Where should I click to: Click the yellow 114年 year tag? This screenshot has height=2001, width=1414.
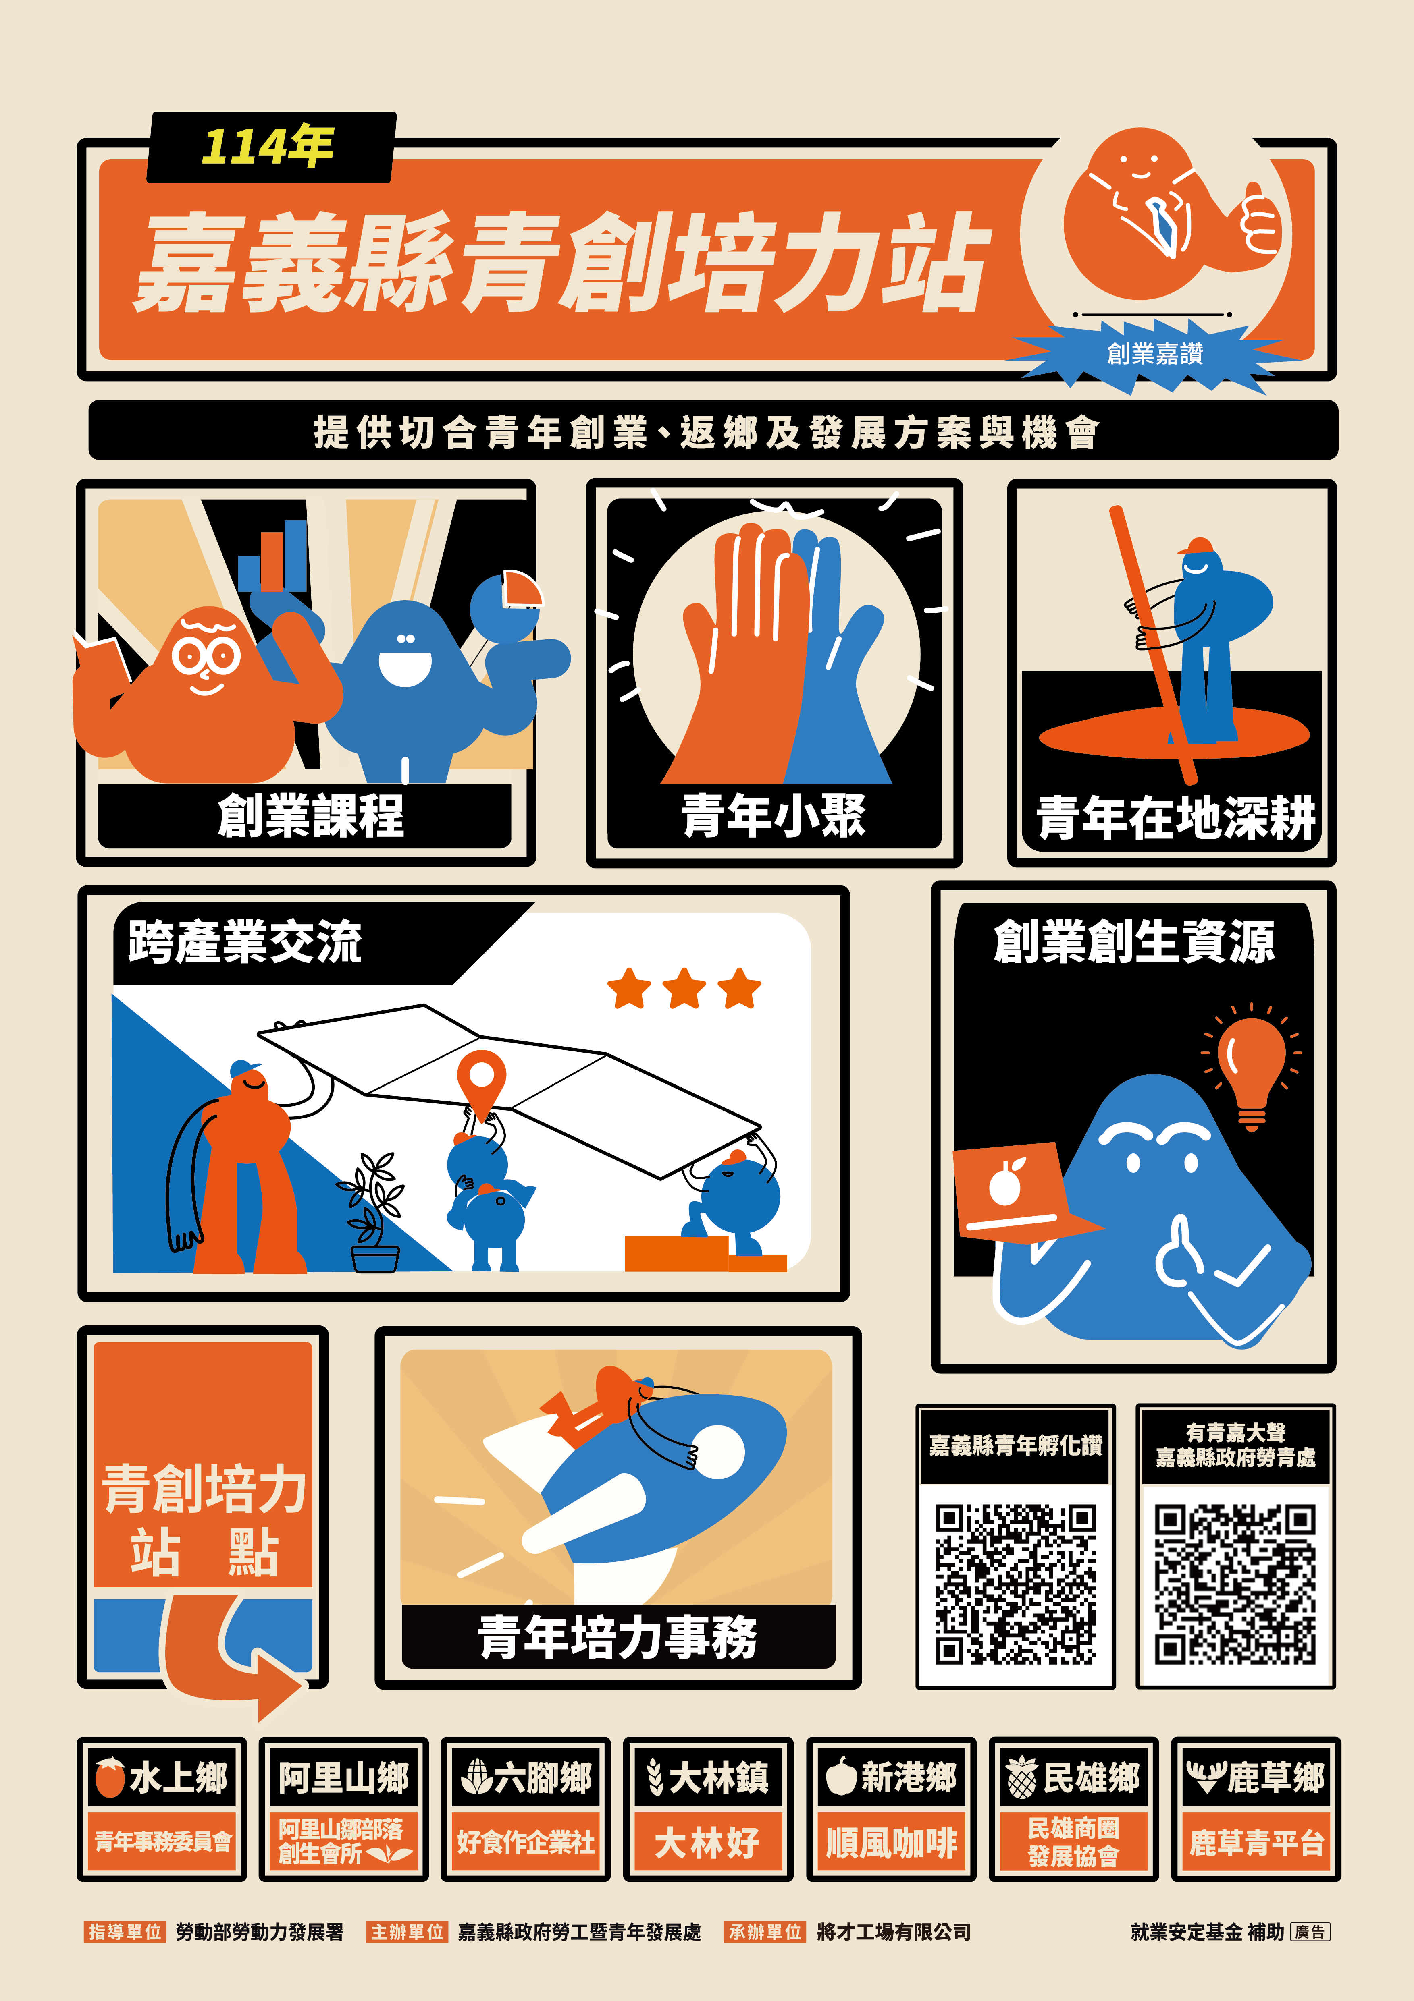coord(268,146)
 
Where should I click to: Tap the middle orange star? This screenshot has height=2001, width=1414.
coord(684,988)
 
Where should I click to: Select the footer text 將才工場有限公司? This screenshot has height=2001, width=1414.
coord(894,1932)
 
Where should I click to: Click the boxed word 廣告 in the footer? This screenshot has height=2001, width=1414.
coord(1310,1932)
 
